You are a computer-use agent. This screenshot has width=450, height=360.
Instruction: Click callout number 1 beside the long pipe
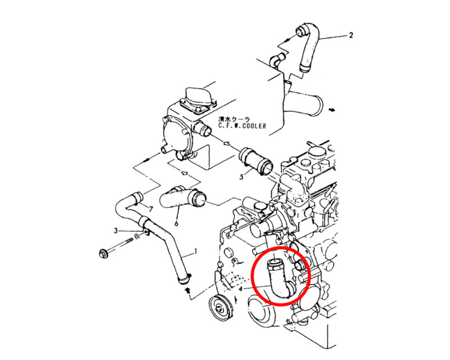tap(196, 251)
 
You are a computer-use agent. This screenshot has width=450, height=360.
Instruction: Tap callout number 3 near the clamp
tap(115, 231)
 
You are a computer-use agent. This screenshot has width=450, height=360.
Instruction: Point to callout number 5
tap(241, 176)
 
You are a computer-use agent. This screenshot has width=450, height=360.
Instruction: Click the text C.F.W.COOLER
tap(242, 127)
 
